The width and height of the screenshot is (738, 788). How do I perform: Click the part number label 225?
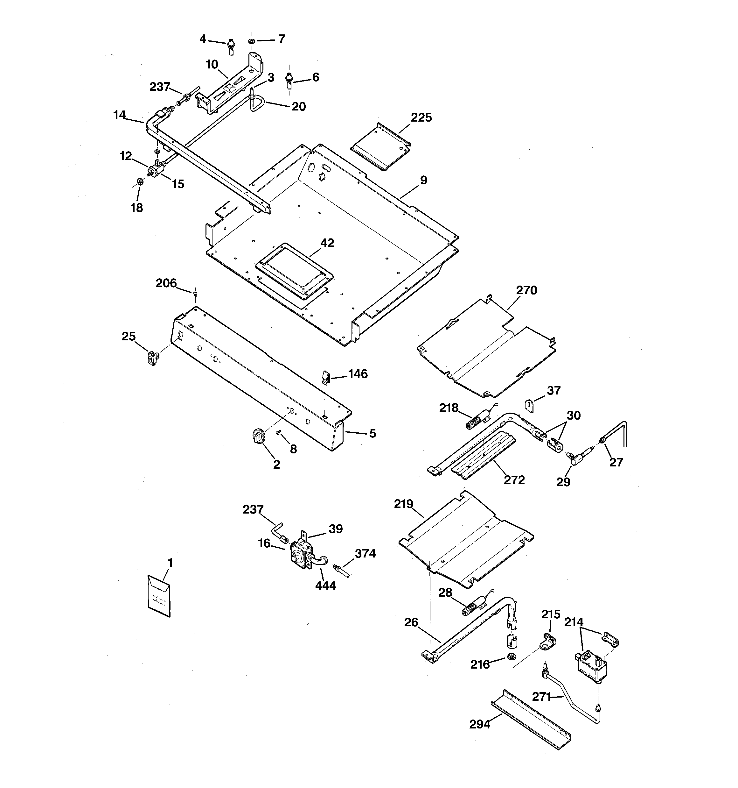421,118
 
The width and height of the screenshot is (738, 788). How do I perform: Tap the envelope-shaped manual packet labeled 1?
159,596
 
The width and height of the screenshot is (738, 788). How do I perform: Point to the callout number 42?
327,243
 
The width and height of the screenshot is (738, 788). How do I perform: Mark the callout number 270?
526,291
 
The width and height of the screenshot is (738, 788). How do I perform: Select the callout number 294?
480,725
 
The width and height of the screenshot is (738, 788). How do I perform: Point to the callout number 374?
365,553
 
